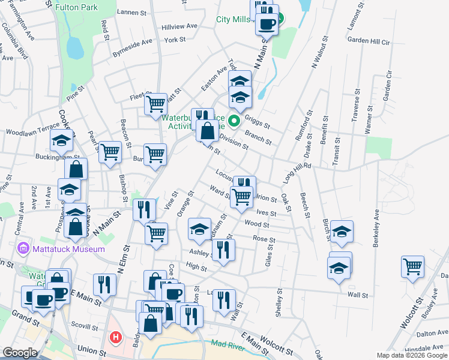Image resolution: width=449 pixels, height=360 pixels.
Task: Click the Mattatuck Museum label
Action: click(x=68, y=249)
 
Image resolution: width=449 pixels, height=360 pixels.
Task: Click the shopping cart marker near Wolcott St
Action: click(x=413, y=266)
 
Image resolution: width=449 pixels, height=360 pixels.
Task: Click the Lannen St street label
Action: click(x=132, y=12)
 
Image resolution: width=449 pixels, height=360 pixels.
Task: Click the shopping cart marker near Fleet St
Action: click(x=156, y=104)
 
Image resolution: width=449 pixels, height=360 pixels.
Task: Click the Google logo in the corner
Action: click(x=20, y=353)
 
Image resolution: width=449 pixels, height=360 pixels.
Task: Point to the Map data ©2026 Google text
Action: click(x=412, y=355)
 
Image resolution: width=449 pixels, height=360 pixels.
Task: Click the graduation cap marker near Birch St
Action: click(x=342, y=232)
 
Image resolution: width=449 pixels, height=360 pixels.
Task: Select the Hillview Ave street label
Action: click(x=179, y=27)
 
